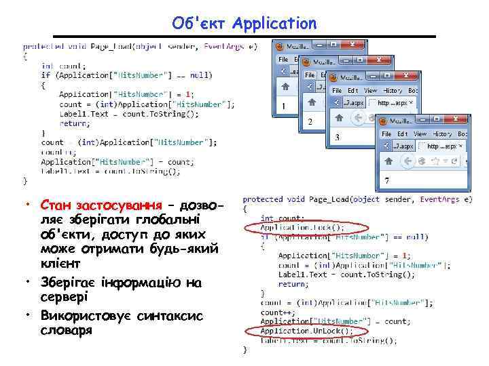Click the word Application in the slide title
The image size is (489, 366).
tap(274, 23)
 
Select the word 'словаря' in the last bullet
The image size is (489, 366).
tap(65, 331)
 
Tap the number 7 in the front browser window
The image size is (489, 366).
tap(386, 180)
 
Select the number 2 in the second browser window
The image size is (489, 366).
tap(310, 122)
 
